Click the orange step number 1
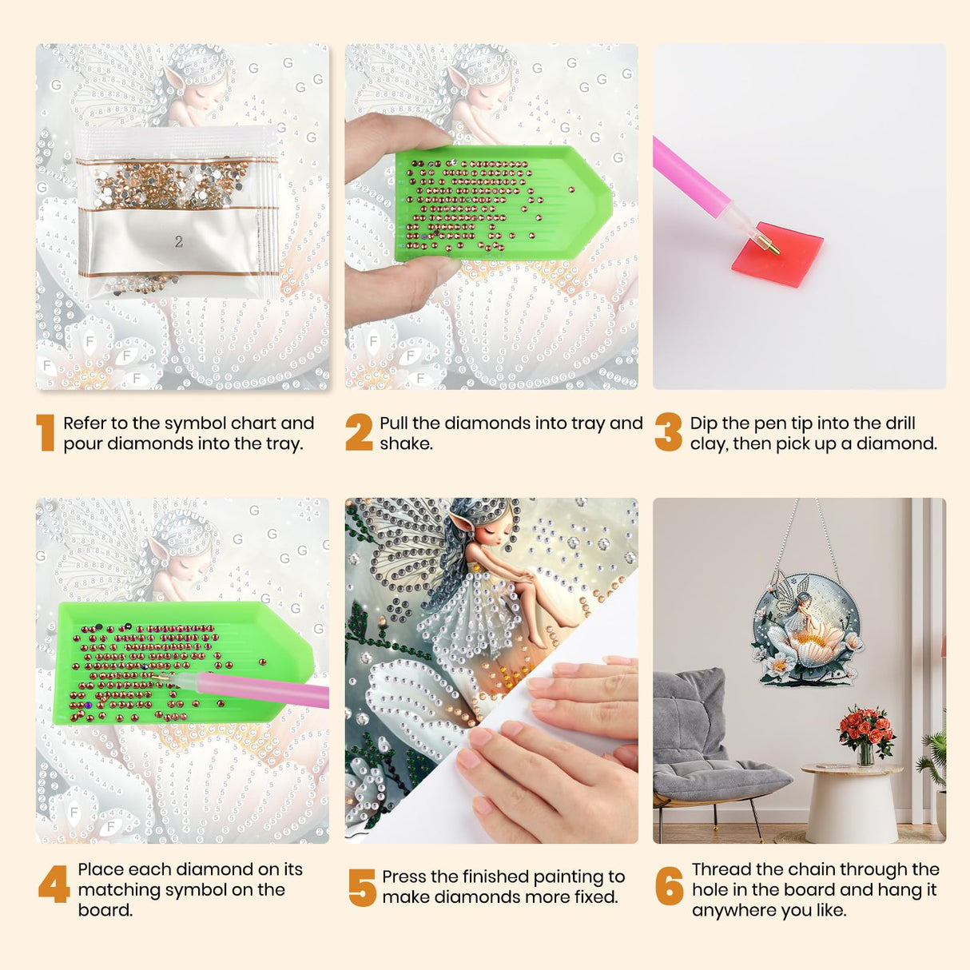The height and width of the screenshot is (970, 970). [46, 432]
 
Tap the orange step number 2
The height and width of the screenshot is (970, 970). [359, 432]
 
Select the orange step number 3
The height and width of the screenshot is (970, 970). [669, 432]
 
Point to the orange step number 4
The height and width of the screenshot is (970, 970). [54, 884]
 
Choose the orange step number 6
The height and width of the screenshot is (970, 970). [670, 885]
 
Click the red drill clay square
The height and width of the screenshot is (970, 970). [777, 254]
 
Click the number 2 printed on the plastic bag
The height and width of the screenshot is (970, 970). [179, 242]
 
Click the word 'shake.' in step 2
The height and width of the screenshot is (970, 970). [406, 444]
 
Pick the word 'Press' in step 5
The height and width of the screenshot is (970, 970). [404, 877]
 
